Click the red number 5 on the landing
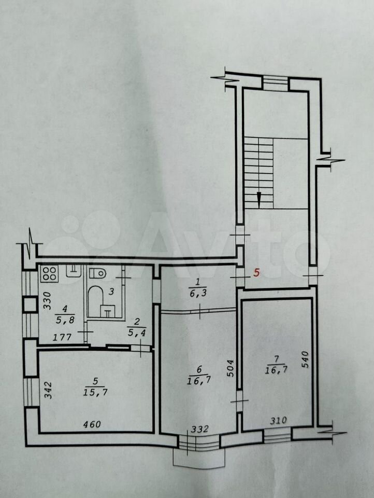click(257, 272)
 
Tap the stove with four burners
click(49, 273)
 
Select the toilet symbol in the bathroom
click(97, 272)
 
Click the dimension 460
click(92, 424)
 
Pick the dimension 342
click(48, 390)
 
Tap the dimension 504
click(231, 368)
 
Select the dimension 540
click(305, 359)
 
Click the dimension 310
click(278, 421)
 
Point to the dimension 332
click(199, 430)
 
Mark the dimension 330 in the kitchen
click(47, 300)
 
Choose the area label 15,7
click(95, 392)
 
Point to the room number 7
click(276, 359)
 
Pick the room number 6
click(199, 369)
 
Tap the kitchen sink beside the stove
click(74, 271)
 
